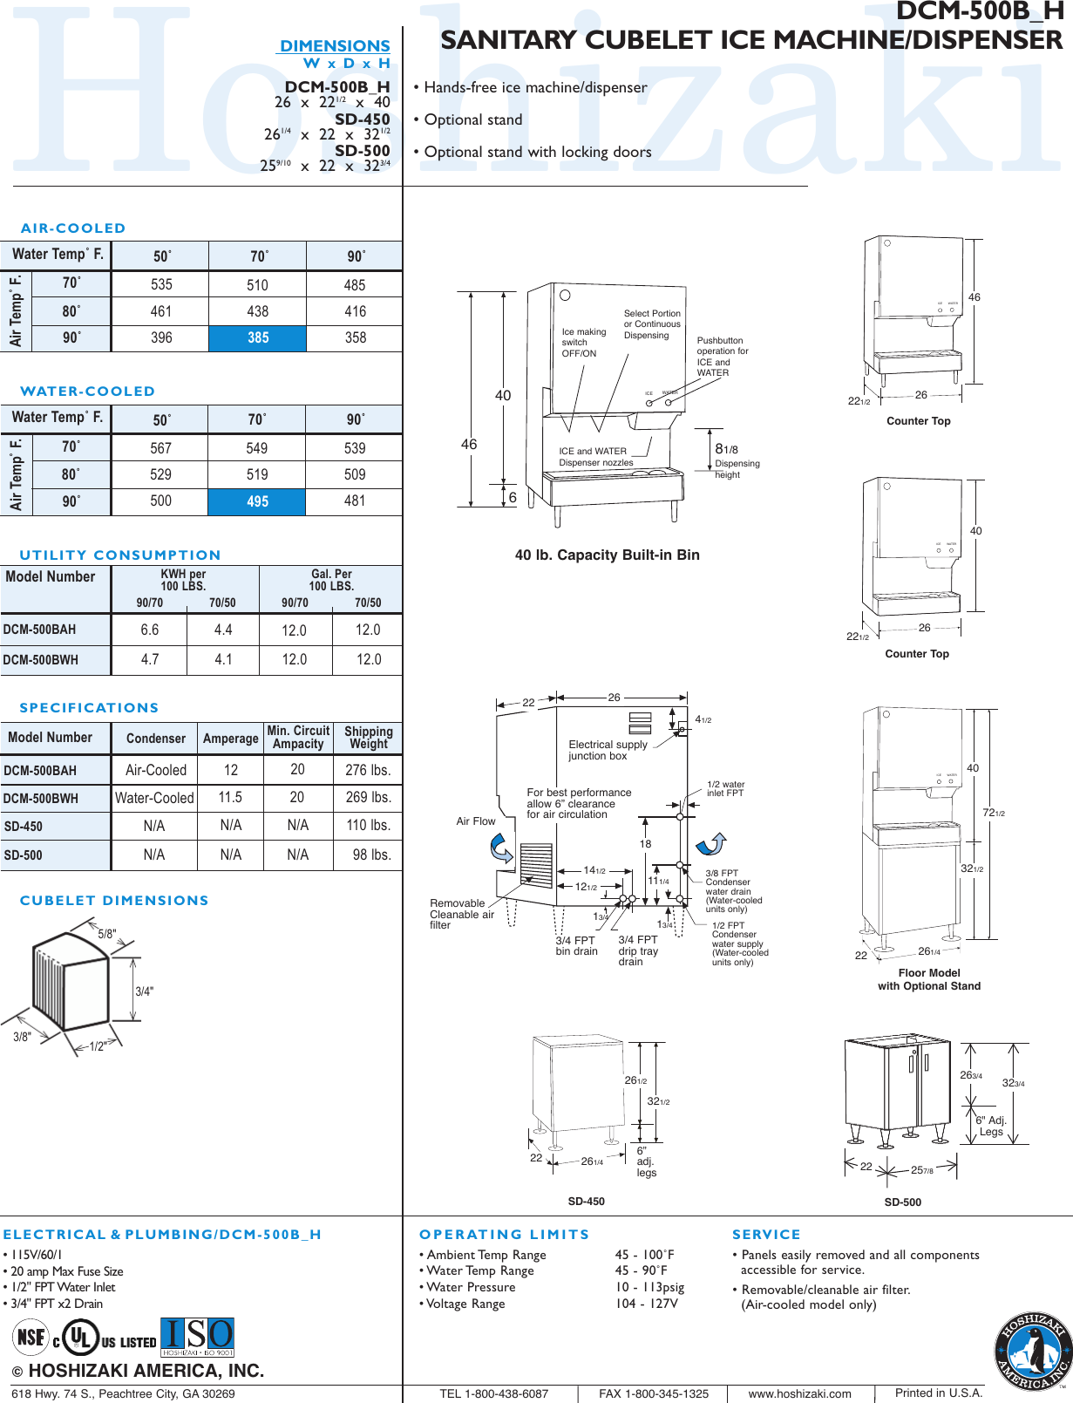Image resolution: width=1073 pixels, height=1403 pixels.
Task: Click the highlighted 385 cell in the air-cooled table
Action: pyautogui.click(x=258, y=338)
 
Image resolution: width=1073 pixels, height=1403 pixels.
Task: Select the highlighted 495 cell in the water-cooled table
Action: pyautogui.click(x=257, y=502)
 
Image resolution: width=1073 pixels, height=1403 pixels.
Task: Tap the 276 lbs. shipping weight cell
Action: pyautogui.click(x=368, y=770)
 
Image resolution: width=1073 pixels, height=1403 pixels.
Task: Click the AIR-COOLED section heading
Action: pyautogui.click(x=73, y=228)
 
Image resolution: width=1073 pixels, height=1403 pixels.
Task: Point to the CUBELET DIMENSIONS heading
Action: pyautogui.click(x=114, y=901)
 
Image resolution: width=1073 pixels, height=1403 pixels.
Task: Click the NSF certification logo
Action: pyautogui.click(x=31, y=1337)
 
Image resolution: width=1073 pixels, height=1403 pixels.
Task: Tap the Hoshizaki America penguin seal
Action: pyautogui.click(x=1033, y=1352)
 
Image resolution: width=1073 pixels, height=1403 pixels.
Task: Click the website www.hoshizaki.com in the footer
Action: pyautogui.click(x=799, y=1393)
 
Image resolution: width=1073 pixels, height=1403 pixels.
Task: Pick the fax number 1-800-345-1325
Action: pyautogui.click(x=654, y=1393)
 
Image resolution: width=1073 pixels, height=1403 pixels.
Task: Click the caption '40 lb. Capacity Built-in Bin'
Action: pyautogui.click(x=607, y=555)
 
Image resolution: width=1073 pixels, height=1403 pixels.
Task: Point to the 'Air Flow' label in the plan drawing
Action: pyautogui.click(x=475, y=821)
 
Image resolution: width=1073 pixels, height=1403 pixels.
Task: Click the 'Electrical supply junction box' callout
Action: pyautogui.click(x=608, y=750)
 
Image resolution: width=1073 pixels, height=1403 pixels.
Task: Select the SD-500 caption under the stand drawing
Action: pyautogui.click(x=902, y=1202)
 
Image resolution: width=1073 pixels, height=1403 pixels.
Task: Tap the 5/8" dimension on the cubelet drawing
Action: pyautogui.click(x=106, y=934)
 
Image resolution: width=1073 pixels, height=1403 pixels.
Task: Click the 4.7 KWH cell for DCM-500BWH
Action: pyautogui.click(x=150, y=660)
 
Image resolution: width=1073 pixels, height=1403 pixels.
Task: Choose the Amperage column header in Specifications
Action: pyautogui.click(x=230, y=739)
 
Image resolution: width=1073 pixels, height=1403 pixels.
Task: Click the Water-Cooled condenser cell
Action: pyautogui.click(x=154, y=798)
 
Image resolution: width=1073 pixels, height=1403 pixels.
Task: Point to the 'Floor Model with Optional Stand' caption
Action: pyautogui.click(x=928, y=979)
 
